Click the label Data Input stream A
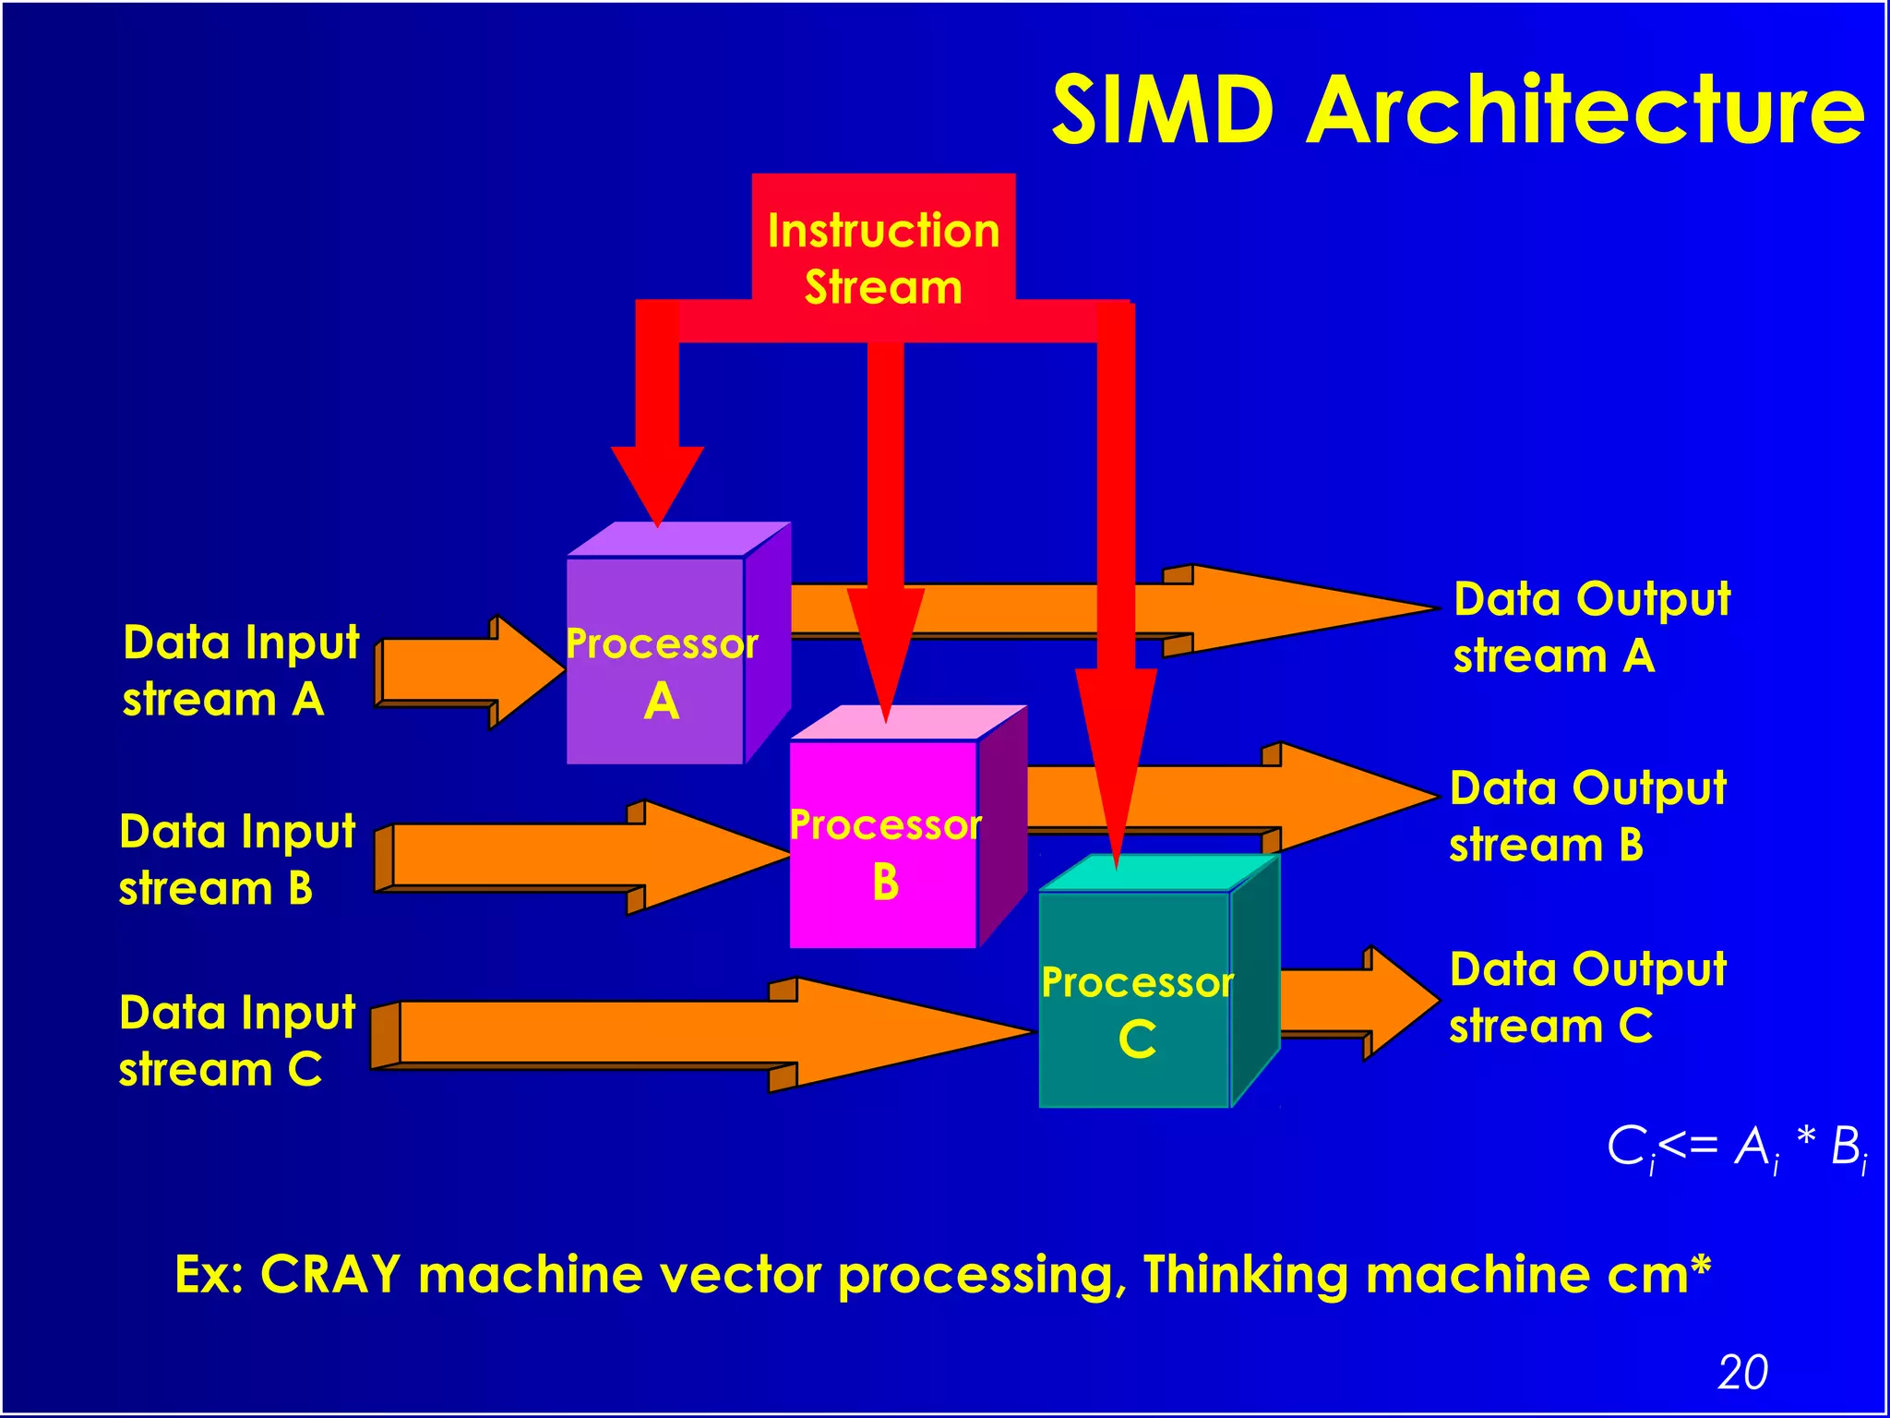point(240,670)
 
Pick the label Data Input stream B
point(236,859)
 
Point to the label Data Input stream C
point(236,1040)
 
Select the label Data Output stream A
point(1591,628)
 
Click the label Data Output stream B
point(1587,817)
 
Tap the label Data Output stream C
point(1587,998)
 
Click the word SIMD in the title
point(1164,111)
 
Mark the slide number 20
point(1742,1372)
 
